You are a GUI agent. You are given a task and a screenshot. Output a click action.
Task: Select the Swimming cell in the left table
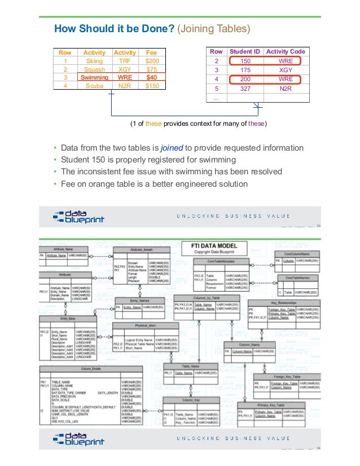[95, 77]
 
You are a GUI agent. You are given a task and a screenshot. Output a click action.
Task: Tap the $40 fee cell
[152, 77]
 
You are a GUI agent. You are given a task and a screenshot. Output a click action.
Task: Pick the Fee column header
[152, 52]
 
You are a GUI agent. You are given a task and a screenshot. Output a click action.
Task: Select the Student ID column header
[245, 51]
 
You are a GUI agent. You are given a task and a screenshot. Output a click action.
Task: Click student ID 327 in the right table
[245, 89]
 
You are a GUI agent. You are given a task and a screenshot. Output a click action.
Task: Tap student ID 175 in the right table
[245, 70]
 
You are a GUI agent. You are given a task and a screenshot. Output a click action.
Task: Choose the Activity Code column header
[286, 51]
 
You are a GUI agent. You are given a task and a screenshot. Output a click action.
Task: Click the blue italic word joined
[170, 148]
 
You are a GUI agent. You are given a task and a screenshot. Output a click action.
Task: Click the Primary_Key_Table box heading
[274, 405]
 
